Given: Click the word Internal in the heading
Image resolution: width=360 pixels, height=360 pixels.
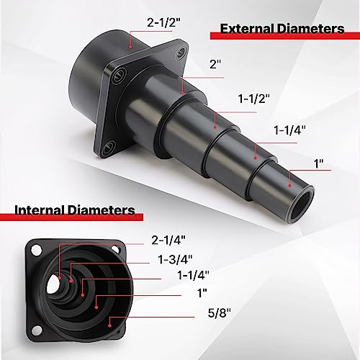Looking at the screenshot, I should pos(42,210).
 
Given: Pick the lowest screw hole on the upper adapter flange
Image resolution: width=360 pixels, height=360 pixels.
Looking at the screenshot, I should pos(108,148).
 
